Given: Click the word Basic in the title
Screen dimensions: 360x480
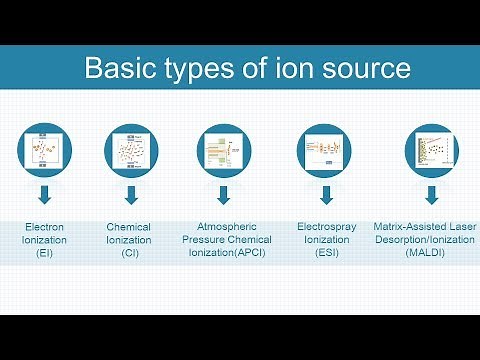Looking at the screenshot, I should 116,70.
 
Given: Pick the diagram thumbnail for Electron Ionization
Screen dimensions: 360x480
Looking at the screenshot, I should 42,151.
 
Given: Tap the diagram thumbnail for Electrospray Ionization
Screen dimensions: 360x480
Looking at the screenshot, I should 324,151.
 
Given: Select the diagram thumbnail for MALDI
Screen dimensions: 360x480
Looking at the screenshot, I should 431,151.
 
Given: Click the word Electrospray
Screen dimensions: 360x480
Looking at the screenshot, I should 324,227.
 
